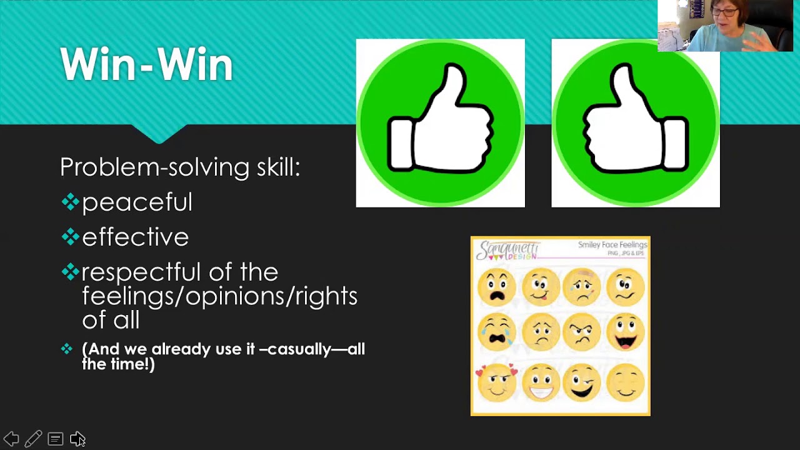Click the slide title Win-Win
coord(146,64)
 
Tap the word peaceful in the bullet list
coord(137,202)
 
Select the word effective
coord(135,237)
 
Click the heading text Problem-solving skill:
coord(180,167)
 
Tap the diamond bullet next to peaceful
coord(69,201)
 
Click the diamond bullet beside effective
coord(69,236)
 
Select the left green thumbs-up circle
coord(440,122)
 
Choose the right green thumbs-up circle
coord(636,122)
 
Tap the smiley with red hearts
coord(497,382)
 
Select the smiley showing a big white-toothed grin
coord(541,382)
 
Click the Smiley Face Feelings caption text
coord(612,245)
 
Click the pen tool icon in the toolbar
coord(34,439)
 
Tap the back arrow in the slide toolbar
coord(11,439)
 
